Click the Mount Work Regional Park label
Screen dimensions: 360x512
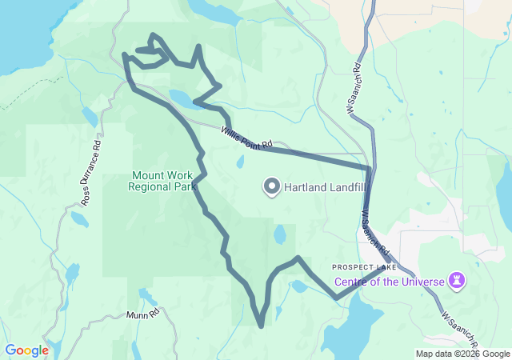pos(162,181)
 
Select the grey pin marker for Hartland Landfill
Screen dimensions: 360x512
pos(271,187)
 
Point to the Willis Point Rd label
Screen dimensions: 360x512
pos(249,141)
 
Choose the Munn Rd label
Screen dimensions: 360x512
pos(143,315)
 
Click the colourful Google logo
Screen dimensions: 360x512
pos(26,350)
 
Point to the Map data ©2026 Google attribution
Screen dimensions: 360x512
pos(462,354)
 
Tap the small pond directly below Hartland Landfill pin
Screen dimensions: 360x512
pos(279,235)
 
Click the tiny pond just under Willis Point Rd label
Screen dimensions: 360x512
pos(240,162)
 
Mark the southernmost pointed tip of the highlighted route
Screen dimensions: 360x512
pos(261,326)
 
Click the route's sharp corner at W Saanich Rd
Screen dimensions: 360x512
pos(369,167)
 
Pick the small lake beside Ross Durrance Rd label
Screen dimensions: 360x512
pos(80,218)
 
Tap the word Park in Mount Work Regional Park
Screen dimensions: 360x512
pos(186,186)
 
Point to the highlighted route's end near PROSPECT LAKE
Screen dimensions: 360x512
pos(382,269)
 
